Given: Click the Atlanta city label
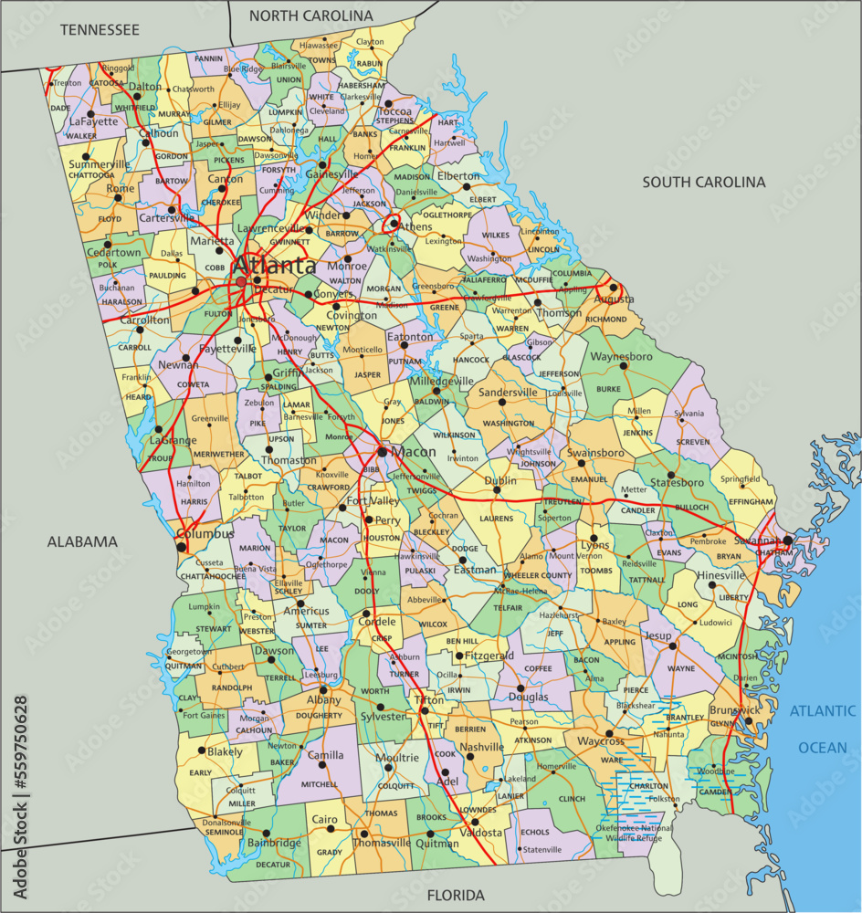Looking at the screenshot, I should pyautogui.click(x=274, y=266).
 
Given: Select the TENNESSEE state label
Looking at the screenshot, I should pyautogui.click(x=100, y=29).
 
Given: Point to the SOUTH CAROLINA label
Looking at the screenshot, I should pyautogui.click(x=703, y=182).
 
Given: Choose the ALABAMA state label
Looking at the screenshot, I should pyautogui.click(x=82, y=541).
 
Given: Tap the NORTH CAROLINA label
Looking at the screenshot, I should pyautogui.click(x=310, y=16).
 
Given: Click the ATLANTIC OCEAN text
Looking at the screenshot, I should pyautogui.click(x=824, y=729).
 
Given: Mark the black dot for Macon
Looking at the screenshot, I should pyautogui.click(x=382, y=451).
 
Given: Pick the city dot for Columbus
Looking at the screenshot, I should pyautogui.click(x=182, y=548).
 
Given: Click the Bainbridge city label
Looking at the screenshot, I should pyautogui.click(x=273, y=843).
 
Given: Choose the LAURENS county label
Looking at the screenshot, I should pyautogui.click(x=497, y=519).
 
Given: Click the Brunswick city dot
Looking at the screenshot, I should pyautogui.click(x=748, y=721).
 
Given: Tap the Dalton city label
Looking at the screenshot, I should pyautogui.click(x=144, y=87).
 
